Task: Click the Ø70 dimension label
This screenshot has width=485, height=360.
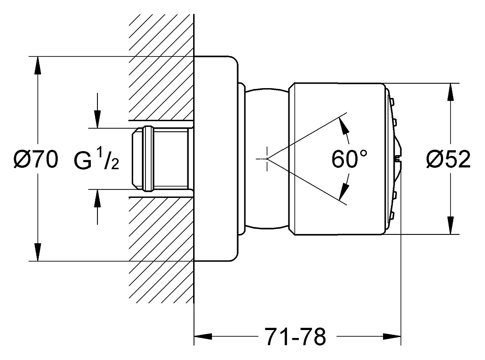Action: pyautogui.click(x=36, y=160)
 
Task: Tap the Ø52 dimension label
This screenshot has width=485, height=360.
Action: pyautogui.click(x=448, y=160)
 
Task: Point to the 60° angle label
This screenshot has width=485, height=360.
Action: pyautogui.click(x=350, y=159)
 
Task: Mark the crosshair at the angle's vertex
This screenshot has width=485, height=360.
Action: pyautogui.click(x=267, y=159)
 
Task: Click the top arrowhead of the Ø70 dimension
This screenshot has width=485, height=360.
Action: pyautogui.click(x=37, y=66)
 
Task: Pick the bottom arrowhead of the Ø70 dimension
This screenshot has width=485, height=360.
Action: pyautogui.click(x=37, y=252)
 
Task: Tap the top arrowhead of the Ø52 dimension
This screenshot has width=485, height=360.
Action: pyautogui.click(x=450, y=92)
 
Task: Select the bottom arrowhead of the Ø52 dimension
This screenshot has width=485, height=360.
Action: pyautogui.click(x=450, y=226)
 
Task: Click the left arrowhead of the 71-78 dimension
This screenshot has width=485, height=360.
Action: pyautogui.click(x=203, y=336)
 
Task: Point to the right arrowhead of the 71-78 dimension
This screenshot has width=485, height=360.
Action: pyautogui.click(x=392, y=336)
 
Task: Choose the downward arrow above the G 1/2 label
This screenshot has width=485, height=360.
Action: pyautogui.click(x=97, y=110)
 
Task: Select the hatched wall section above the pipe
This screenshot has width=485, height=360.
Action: pyautogui.click(x=161, y=67)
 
